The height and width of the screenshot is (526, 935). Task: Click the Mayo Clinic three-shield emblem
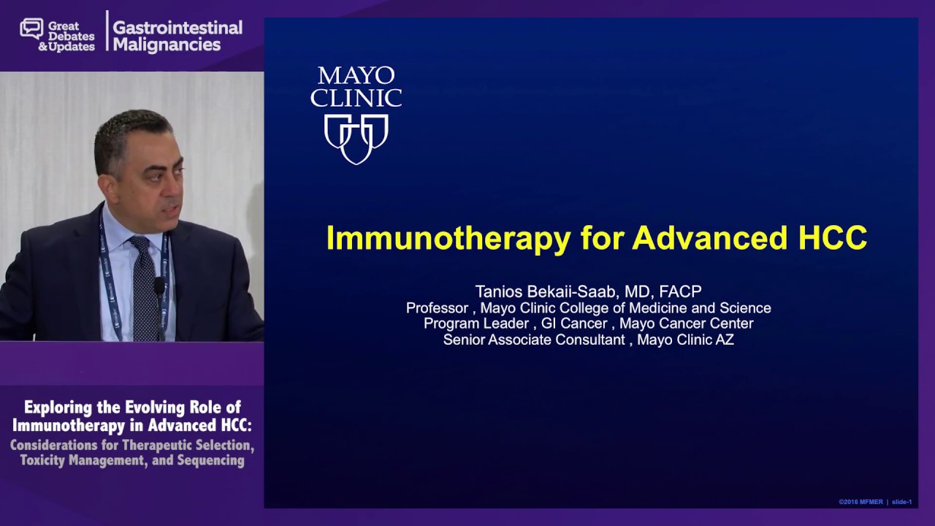point(356,138)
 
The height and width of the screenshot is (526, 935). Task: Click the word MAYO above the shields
point(356,75)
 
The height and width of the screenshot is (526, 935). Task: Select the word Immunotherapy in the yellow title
point(448,239)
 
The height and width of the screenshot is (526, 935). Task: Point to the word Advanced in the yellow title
point(707,238)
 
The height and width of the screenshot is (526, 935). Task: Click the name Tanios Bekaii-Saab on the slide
point(546,291)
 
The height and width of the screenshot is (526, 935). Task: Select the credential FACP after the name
point(680,291)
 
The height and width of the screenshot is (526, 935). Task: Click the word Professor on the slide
point(437,308)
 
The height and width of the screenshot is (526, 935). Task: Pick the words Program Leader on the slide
point(476,324)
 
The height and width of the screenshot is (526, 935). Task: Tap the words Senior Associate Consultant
point(534,340)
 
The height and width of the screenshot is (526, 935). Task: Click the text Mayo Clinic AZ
point(685,340)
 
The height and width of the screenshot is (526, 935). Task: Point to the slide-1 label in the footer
point(901,502)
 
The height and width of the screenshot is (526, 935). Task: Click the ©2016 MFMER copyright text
point(860,502)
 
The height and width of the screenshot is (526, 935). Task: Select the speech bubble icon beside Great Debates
point(31,29)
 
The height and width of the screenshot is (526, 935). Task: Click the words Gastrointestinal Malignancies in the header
point(177,36)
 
